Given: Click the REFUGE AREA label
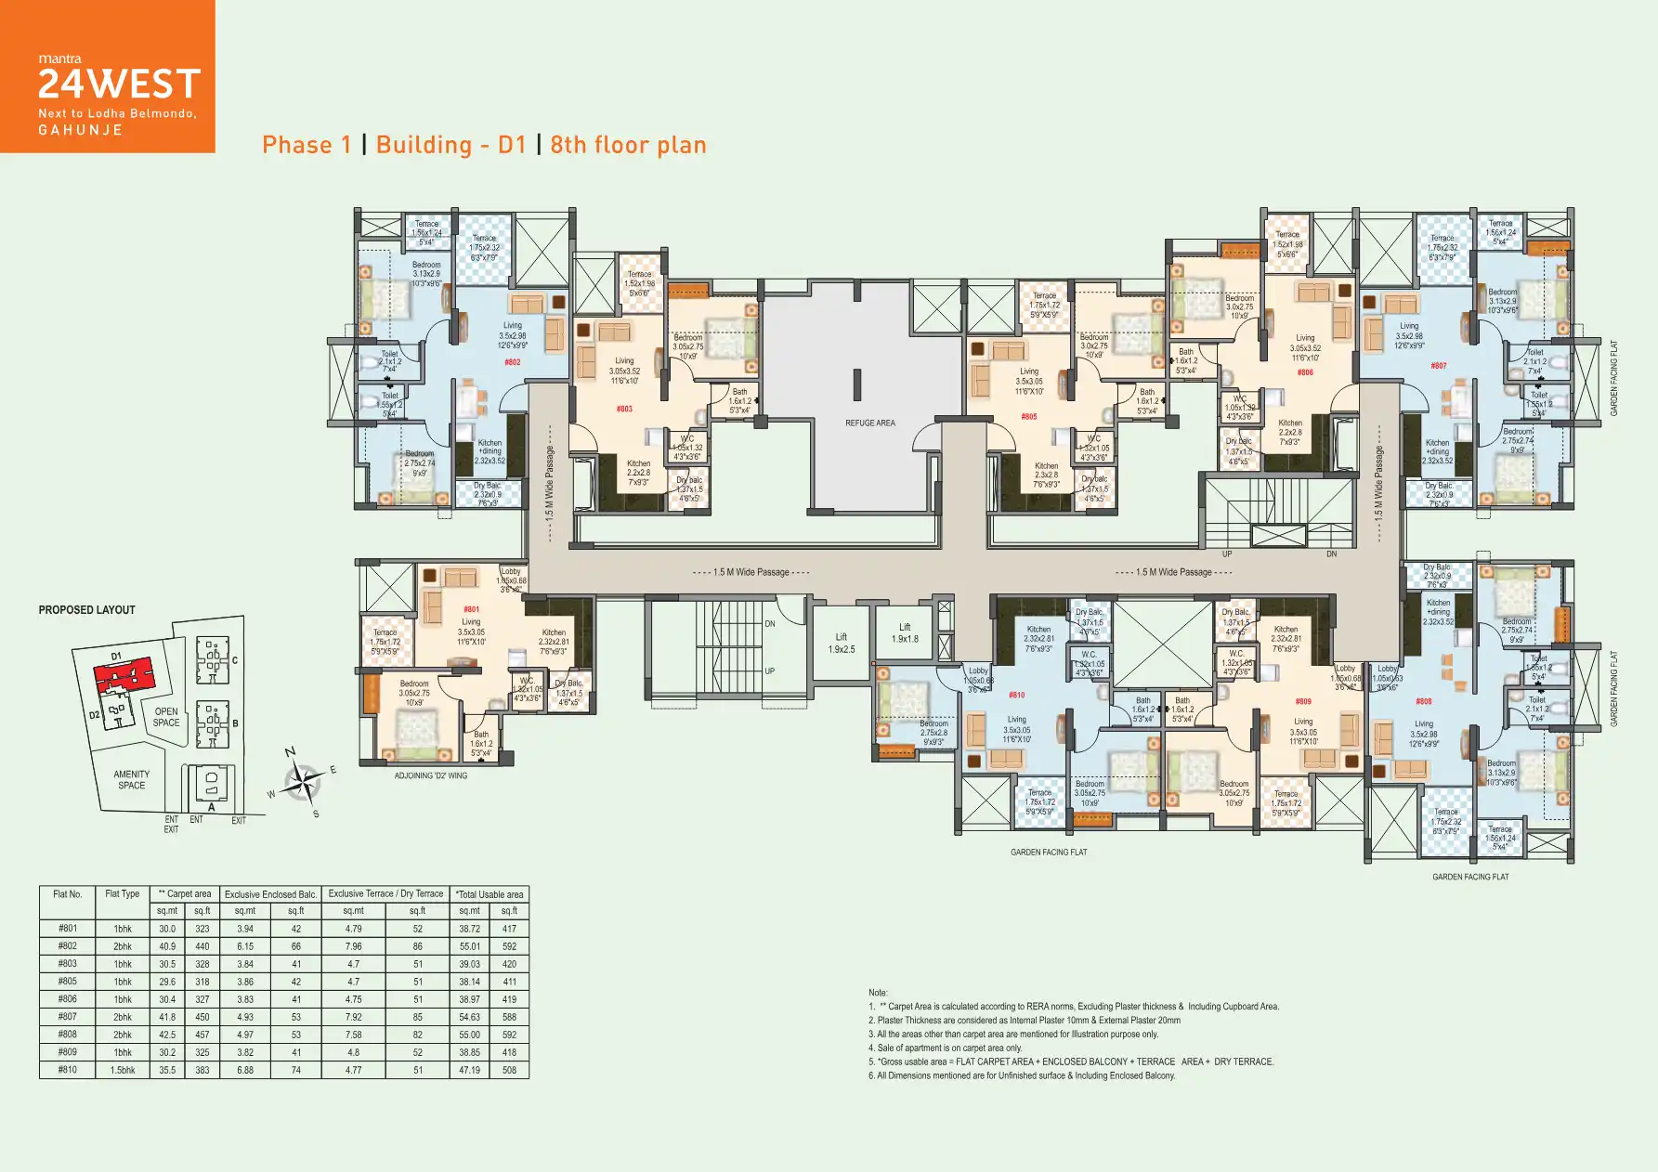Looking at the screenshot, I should pyautogui.click(x=869, y=423).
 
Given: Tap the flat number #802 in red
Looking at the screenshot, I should pyautogui.click(x=512, y=362).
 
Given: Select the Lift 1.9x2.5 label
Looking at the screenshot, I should pyautogui.click(x=841, y=643).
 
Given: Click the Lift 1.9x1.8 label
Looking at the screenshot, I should pyautogui.click(x=905, y=632).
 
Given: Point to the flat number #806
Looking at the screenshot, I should pyautogui.click(x=1305, y=372).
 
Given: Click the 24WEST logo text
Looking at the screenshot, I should pyautogui.click(x=119, y=85).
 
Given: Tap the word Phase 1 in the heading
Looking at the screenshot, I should pyautogui.click(x=307, y=145).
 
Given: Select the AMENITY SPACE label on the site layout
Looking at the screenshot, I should pyautogui.click(x=131, y=779).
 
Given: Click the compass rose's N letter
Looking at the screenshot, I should pyautogui.click(x=290, y=752).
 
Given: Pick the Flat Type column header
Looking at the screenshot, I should pyautogui.click(x=122, y=893).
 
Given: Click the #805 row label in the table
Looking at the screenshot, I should pyautogui.click(x=68, y=981).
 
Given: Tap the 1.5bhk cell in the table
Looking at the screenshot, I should pyautogui.click(x=123, y=1070).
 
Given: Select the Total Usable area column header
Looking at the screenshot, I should pyautogui.click(x=490, y=894).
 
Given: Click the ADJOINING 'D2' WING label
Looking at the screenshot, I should pyautogui.click(x=430, y=775).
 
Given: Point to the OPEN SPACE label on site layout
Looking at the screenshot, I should pyautogui.click(x=166, y=717).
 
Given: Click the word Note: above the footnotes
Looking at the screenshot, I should pyautogui.click(x=878, y=993).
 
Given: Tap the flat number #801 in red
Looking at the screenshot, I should pyautogui.click(x=471, y=610).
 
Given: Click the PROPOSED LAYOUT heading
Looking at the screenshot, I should pyautogui.click(x=86, y=610).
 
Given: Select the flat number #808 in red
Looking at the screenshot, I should pyautogui.click(x=1423, y=701).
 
